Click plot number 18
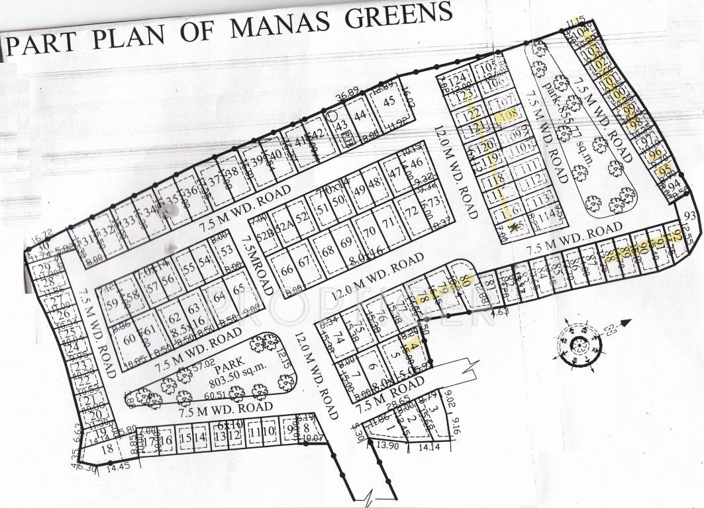tap(106, 448)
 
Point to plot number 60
tap(129, 338)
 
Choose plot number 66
tap(286, 271)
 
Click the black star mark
tap(515, 227)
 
